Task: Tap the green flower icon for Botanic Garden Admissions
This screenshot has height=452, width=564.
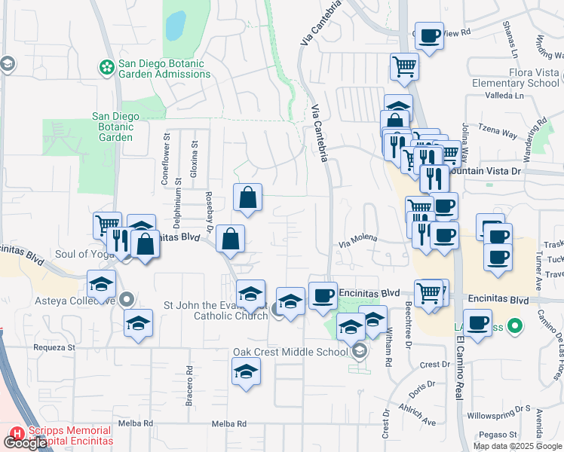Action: pyautogui.click(x=106, y=68)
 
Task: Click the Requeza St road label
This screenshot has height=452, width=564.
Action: pyautogui.click(x=55, y=348)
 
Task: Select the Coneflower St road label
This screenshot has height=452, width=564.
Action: pyautogui.click(x=166, y=160)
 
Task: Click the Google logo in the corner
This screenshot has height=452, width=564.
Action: pyautogui.click(x=25, y=443)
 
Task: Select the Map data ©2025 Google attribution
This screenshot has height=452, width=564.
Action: pyautogui.click(x=517, y=446)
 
